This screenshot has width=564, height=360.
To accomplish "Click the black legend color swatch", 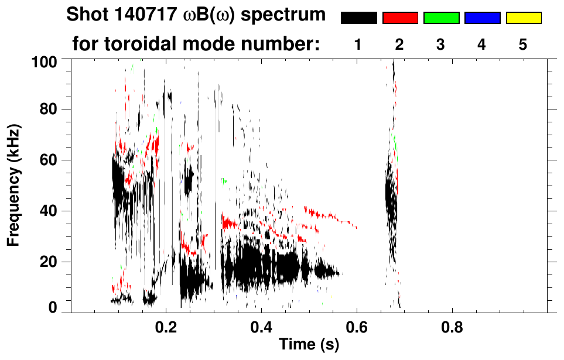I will [x=358, y=18].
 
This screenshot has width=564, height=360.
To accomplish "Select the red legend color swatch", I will [x=400, y=18].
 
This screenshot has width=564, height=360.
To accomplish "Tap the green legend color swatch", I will [x=441, y=18].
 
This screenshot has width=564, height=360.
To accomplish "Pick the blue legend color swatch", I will [x=482, y=18].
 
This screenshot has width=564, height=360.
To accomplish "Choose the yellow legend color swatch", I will [x=524, y=18].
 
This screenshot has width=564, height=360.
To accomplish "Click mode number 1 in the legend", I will [x=357, y=45].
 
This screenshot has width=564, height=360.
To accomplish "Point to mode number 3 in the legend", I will [x=440, y=45].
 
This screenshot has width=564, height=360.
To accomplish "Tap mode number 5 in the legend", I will [x=523, y=45].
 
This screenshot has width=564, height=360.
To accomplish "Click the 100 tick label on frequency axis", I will [x=45, y=61].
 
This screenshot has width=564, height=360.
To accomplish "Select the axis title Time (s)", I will [x=309, y=345].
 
